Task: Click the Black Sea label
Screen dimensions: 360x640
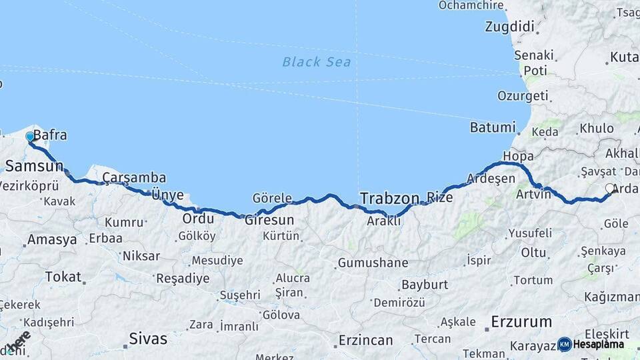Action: tap(316, 62)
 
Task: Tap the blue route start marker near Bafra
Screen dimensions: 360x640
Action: tap(30, 137)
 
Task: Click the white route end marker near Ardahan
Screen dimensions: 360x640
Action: tap(609, 189)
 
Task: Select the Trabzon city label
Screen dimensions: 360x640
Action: tap(389, 198)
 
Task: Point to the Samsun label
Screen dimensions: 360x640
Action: tap(34, 165)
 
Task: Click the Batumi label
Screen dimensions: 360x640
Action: tap(493, 127)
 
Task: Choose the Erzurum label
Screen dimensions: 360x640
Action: tap(521, 322)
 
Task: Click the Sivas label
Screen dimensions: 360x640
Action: tap(148, 339)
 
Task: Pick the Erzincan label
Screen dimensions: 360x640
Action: tap(365, 340)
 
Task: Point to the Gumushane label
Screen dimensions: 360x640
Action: tap(373, 263)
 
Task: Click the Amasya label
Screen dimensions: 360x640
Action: tap(52, 240)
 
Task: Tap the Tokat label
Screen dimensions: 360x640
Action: tap(63, 277)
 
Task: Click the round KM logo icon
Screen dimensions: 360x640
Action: tap(565, 344)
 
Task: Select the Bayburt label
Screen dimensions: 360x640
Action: tap(423, 285)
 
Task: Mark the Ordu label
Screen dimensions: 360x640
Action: tap(198, 219)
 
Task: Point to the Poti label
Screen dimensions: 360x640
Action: tap(535, 71)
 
